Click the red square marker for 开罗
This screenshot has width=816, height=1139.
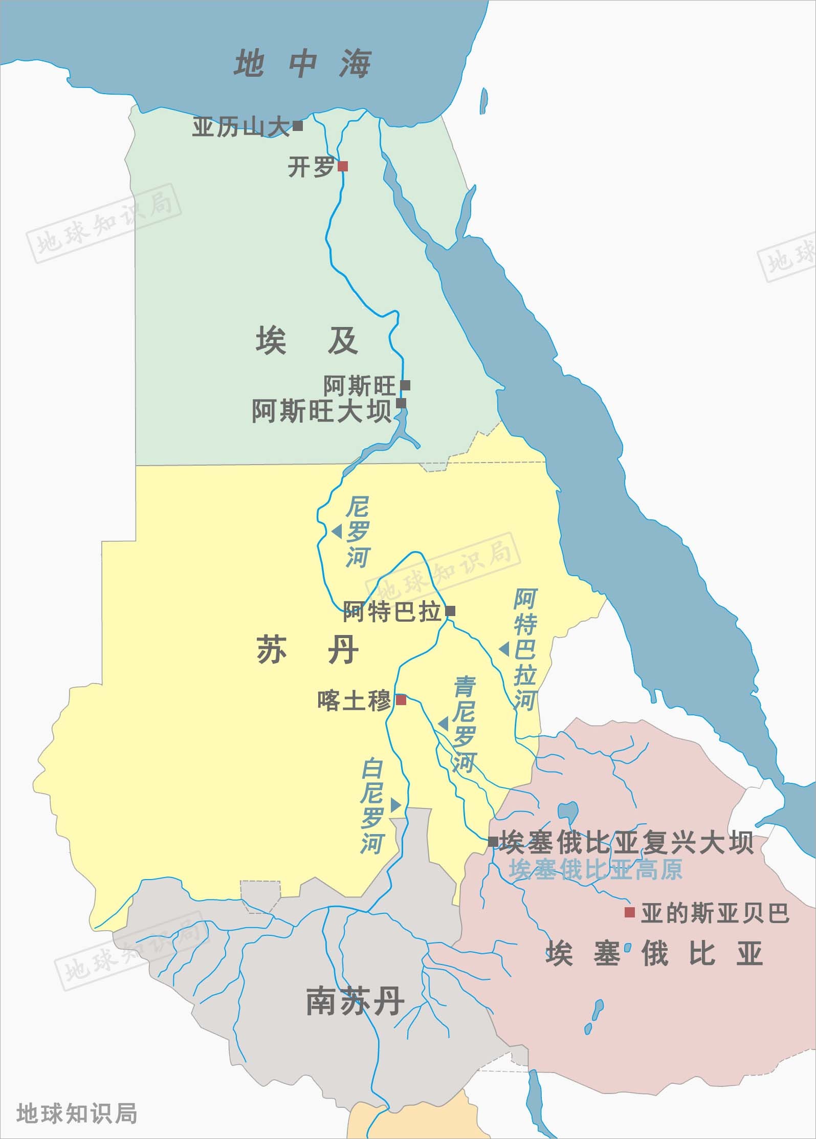click(343, 166)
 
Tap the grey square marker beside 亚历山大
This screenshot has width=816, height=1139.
click(298, 125)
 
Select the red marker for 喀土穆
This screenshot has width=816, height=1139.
click(401, 699)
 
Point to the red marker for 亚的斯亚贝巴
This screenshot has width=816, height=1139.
click(630, 912)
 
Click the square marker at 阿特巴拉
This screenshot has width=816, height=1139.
click(450, 611)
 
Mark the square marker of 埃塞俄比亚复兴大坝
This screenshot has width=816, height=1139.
click(493, 842)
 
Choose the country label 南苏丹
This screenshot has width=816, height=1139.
click(355, 1001)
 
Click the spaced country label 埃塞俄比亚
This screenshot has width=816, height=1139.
click(654, 953)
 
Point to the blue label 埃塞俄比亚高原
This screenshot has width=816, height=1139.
click(596, 869)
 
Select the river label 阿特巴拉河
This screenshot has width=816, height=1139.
click(525, 650)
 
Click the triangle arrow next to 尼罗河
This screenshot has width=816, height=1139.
click(337, 532)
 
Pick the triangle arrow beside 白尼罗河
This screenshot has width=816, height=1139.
click(395, 805)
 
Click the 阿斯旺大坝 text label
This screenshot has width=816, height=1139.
click(322, 411)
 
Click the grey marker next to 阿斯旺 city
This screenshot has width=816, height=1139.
click(405, 385)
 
